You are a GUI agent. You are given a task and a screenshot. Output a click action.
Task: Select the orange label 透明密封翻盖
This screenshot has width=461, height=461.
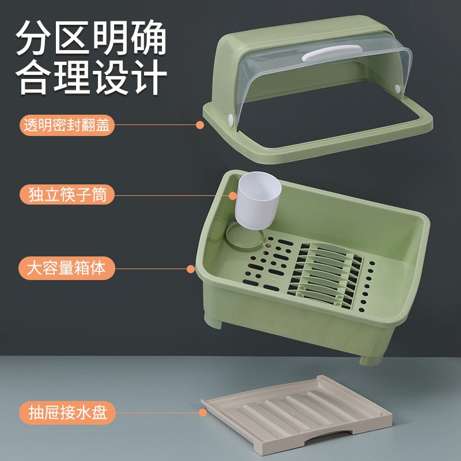tap(67, 125)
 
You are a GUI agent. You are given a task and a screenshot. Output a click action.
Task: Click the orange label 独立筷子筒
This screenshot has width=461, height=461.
tap(67, 194)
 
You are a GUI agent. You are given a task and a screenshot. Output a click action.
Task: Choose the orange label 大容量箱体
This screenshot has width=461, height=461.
tap(67, 268)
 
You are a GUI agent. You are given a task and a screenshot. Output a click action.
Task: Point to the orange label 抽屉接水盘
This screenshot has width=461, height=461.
tap(67, 413)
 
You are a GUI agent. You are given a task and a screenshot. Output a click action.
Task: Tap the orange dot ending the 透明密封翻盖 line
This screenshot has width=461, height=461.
tap(200, 125)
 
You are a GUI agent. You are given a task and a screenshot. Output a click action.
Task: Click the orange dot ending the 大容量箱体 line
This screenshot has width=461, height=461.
tap(191, 269)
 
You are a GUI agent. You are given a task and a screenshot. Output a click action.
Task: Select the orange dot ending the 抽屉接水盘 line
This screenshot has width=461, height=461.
tap(203, 413)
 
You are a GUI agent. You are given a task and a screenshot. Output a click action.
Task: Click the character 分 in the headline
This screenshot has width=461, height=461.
tap(35, 39)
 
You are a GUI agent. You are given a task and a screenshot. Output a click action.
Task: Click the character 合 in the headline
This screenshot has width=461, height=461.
tap(35, 76)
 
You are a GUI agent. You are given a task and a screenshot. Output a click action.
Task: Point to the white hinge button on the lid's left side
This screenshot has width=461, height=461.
tap(232, 120)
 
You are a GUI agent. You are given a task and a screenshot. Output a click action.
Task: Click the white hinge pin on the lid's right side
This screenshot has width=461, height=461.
tap(397, 88)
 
